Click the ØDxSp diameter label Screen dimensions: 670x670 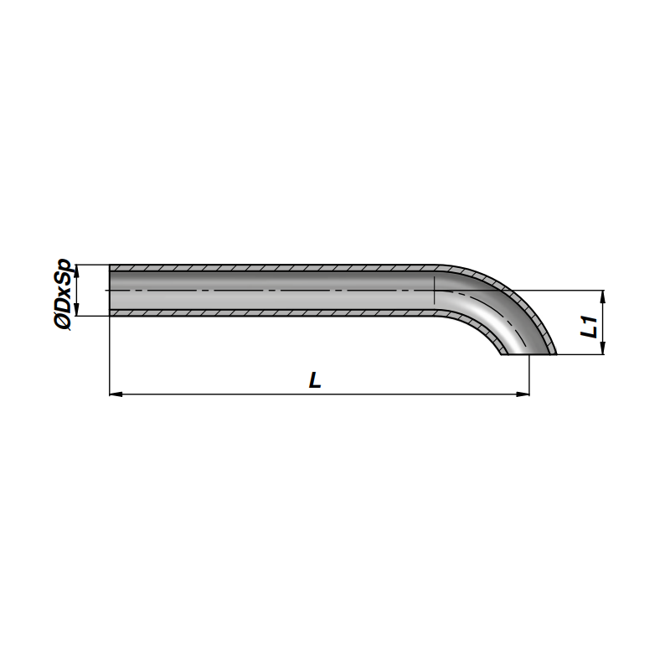(63, 294)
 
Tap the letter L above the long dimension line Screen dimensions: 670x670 (315, 380)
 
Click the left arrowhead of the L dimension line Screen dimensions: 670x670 (116, 394)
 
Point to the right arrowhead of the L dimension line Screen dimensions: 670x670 (523, 394)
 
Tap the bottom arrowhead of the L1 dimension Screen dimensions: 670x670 (602, 348)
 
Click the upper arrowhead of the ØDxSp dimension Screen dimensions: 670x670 (77, 271)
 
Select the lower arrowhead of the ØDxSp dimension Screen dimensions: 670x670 (77, 309)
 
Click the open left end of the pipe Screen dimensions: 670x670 (111, 291)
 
